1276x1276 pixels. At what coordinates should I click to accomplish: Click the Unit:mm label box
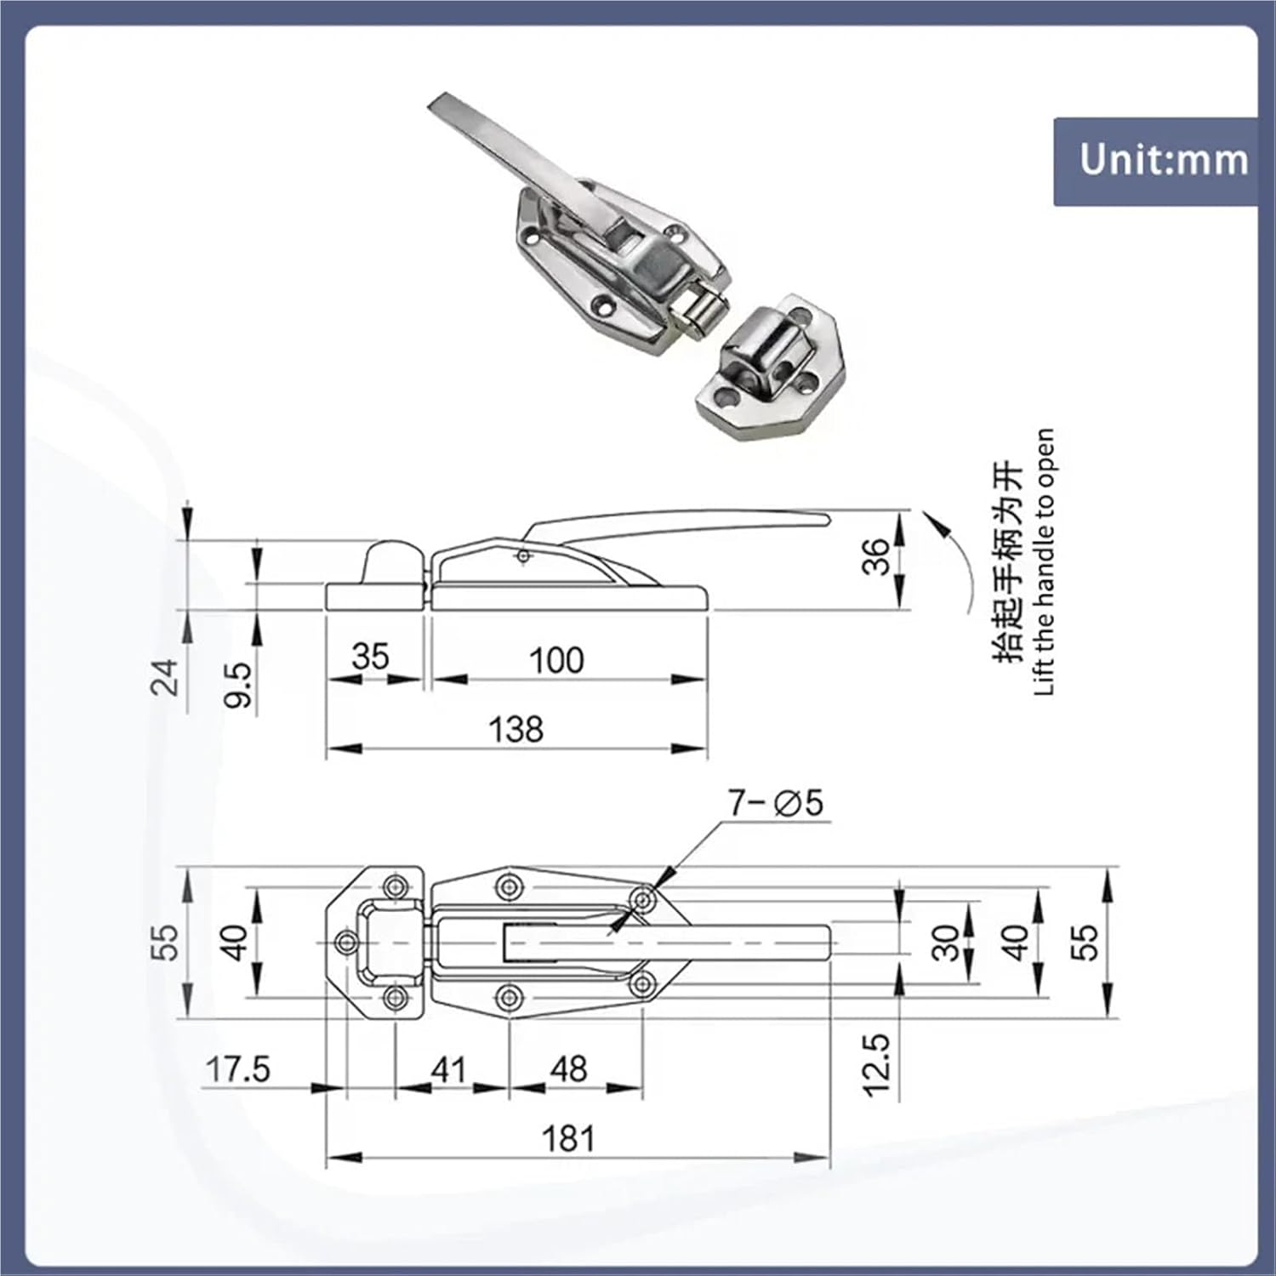click(1155, 161)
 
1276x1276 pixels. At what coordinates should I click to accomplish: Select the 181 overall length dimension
click(567, 1138)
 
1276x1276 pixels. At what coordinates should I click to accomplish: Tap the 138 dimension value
click(516, 729)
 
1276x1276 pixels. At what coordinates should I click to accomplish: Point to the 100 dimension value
click(556, 660)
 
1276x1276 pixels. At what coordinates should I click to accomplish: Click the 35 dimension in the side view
click(370, 657)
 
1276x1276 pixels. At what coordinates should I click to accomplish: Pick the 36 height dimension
click(876, 556)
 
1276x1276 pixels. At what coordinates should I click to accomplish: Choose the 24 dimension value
click(165, 677)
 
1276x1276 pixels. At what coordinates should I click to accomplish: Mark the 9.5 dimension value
click(239, 685)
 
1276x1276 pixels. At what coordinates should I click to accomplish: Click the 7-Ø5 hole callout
click(775, 802)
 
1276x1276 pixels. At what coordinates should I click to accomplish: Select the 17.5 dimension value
click(238, 1069)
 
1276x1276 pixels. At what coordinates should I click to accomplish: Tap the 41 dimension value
click(448, 1069)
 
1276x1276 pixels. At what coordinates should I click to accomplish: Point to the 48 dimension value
click(568, 1069)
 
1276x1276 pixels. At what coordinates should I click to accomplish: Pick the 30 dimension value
click(945, 943)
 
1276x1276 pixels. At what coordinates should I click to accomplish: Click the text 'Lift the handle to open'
click(1045, 561)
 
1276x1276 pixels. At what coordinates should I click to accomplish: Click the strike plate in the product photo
click(766, 366)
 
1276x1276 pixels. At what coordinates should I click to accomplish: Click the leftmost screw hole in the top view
click(347, 942)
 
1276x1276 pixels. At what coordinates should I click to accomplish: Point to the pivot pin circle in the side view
click(523, 556)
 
